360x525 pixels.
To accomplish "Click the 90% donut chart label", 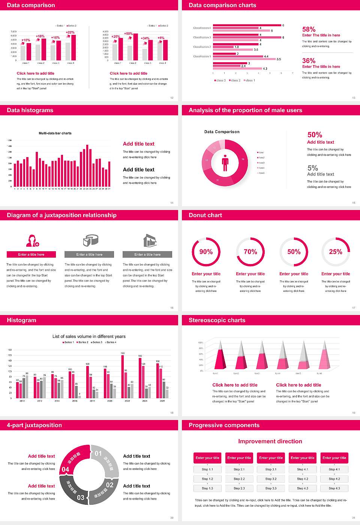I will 206,252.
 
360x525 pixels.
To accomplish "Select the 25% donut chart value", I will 335,252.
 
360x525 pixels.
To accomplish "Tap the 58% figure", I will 309,29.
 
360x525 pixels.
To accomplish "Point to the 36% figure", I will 309,61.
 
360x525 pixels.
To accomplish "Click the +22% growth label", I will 70,33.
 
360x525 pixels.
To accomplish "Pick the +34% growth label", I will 145,38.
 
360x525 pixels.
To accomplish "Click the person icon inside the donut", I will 225,162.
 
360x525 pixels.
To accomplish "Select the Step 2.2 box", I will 239,479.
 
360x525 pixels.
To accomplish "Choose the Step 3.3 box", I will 271,488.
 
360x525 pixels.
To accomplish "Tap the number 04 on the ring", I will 65,469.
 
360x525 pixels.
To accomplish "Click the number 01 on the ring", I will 98,453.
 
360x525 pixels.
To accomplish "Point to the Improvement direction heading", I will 270,441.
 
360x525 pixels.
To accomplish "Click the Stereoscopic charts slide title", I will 217,320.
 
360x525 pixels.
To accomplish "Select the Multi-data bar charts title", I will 55,133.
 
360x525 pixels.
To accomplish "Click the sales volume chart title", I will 89,336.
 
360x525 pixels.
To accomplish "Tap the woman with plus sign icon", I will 32,240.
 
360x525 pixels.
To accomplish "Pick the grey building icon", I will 150,240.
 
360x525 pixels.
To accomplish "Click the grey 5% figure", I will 312,168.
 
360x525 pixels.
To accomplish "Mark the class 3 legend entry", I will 220,80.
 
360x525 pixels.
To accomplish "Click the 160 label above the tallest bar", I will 123,353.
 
